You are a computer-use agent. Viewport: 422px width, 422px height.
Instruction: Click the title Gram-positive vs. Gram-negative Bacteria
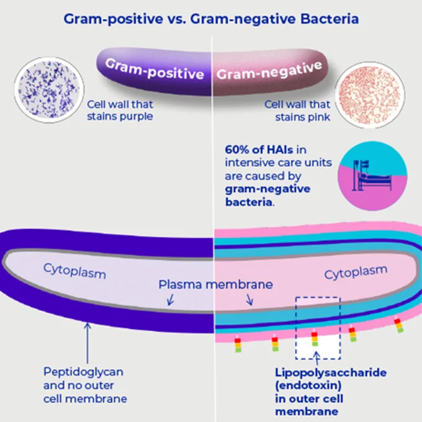pos(210,19)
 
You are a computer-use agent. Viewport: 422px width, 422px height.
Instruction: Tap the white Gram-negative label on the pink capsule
pos(269,70)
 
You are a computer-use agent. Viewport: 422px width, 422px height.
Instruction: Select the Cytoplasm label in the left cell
pos(74,271)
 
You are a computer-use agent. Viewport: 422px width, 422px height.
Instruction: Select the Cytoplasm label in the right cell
pos(356,274)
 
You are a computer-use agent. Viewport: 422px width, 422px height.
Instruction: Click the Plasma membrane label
pos(215,285)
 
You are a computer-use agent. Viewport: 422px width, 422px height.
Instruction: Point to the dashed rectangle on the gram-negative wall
pos(318,328)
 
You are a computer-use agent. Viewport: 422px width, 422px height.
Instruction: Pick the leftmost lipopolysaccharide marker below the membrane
pos(238,345)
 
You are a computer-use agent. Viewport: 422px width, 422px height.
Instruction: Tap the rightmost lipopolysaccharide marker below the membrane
pos(399,325)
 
